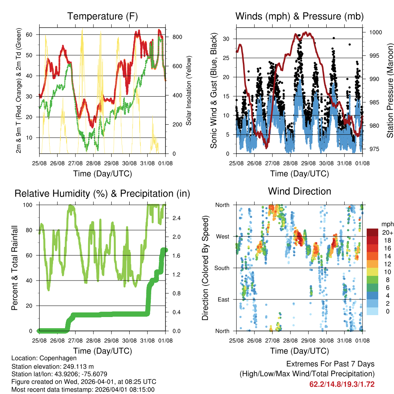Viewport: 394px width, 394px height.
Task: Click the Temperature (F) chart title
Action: click(x=102, y=17)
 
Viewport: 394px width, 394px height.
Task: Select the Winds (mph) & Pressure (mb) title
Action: click(x=299, y=17)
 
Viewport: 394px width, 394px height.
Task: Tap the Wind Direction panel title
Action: click(x=299, y=191)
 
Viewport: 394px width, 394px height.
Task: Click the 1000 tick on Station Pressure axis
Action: click(x=375, y=32)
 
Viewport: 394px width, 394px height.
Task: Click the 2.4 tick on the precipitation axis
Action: click(x=172, y=218)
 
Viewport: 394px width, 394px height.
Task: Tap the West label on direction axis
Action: click(x=222, y=236)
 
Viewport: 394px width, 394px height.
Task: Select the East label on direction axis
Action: click(x=223, y=299)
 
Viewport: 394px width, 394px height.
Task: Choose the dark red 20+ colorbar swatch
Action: click(x=372, y=232)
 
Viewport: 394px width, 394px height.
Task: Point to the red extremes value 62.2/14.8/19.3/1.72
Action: click(x=342, y=384)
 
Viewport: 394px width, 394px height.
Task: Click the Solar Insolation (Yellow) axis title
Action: click(x=189, y=90)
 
